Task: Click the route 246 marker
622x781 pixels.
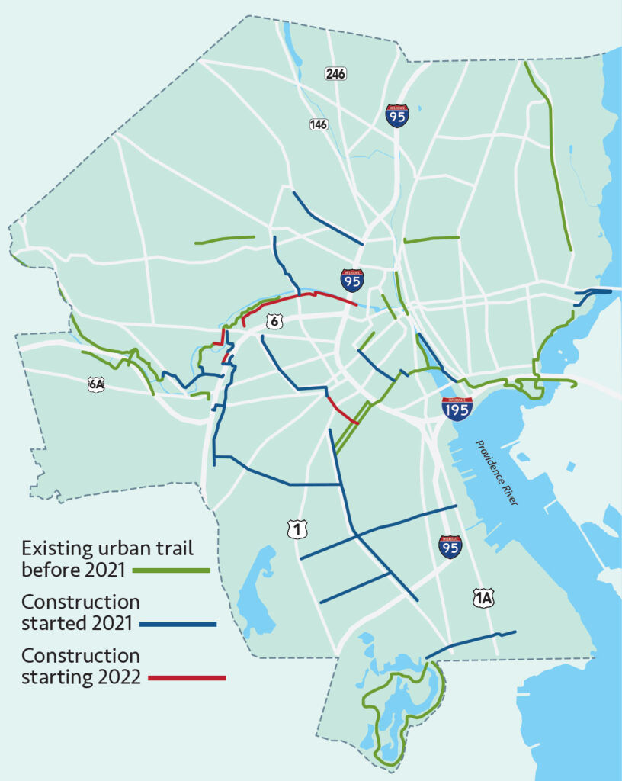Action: [335, 74]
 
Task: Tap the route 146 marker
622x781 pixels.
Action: [319, 124]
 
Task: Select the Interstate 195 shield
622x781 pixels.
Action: [457, 409]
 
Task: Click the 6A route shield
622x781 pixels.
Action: [95, 384]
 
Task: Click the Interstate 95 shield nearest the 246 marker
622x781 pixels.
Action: [397, 116]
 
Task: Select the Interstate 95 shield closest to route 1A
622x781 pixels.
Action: [450, 547]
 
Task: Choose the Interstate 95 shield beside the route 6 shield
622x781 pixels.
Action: [351, 280]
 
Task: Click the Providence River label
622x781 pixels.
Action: [496, 472]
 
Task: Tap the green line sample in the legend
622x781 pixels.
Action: [171, 570]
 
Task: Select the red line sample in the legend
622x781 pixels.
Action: [188, 677]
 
